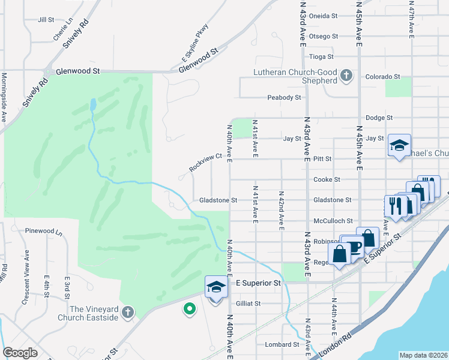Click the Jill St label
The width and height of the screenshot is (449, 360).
tap(46, 20)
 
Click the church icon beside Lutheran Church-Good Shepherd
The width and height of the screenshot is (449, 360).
tap(346, 76)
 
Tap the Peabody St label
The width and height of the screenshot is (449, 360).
tap(284, 97)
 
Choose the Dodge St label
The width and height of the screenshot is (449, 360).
tap(379, 118)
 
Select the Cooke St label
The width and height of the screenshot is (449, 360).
tap(327, 179)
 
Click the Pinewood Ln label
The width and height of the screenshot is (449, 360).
tap(43, 230)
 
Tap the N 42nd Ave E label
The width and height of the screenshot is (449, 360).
tap(280, 210)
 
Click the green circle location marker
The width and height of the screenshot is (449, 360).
tap(189, 309)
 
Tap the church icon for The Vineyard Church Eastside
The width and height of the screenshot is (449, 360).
tap(127, 312)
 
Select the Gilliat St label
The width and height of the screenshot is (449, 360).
tap(248, 304)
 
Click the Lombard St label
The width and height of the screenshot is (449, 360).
tap(283, 344)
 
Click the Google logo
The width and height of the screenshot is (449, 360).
tap(20, 353)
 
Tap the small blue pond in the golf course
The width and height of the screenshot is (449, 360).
tap(92, 106)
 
